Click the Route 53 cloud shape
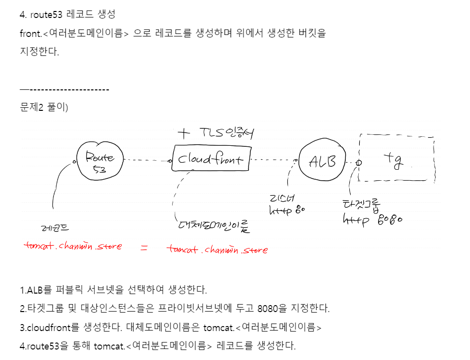tap(100, 161)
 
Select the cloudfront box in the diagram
tap(211, 159)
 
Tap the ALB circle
tap(322, 161)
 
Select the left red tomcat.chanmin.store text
tap(73, 246)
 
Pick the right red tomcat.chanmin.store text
tap(217, 249)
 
